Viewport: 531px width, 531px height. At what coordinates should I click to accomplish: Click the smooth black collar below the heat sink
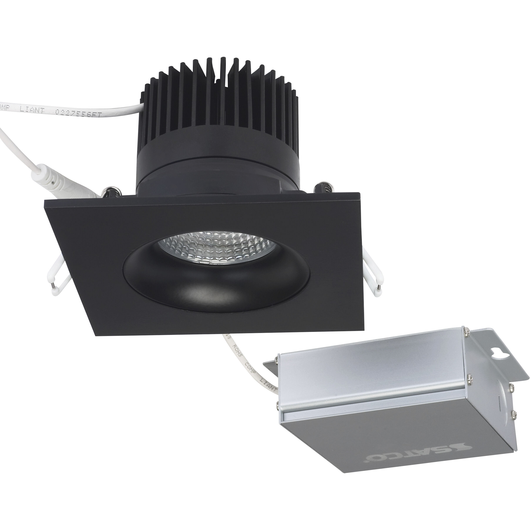tap(214, 168)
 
